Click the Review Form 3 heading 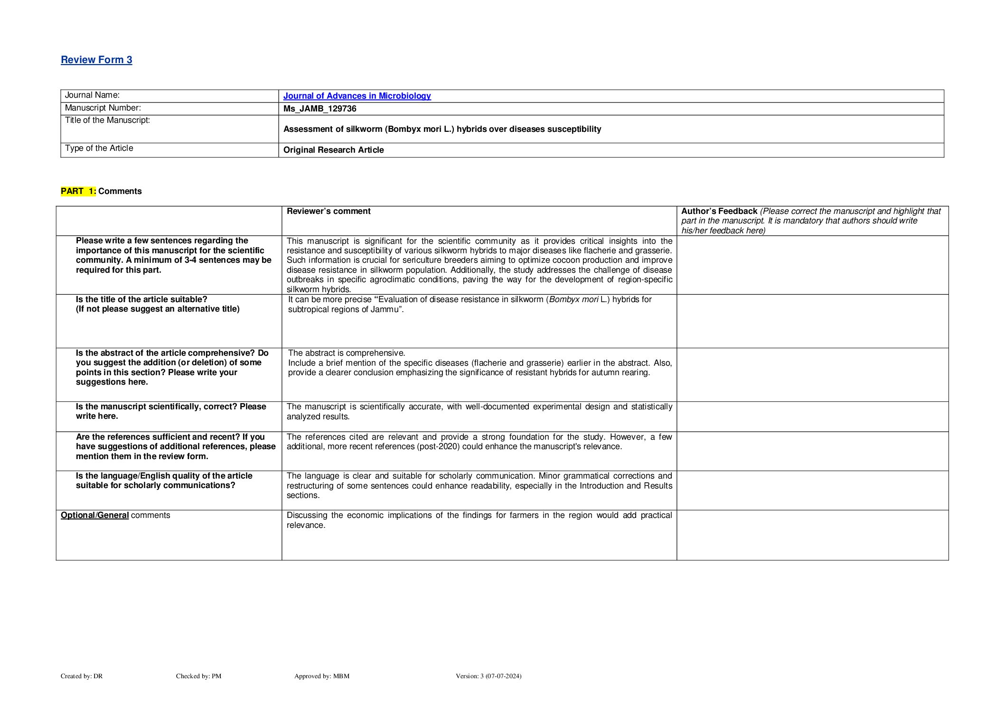coord(96,60)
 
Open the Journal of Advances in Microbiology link coord(357,96)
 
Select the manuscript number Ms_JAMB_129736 coord(319,109)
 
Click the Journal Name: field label coord(92,95)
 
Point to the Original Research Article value coord(333,150)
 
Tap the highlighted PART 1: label coord(78,191)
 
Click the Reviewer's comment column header coord(329,211)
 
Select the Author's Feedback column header coord(719,211)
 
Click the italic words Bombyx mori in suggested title coord(573,299)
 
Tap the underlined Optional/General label coord(94,515)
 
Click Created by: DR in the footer coord(82,676)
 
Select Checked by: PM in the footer coord(198,676)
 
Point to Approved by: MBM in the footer coord(321,676)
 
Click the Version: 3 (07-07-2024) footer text coord(488,676)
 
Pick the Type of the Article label coord(99,148)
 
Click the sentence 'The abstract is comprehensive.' coord(347,353)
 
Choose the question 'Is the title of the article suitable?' coord(141,299)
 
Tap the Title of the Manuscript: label coord(107,120)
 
